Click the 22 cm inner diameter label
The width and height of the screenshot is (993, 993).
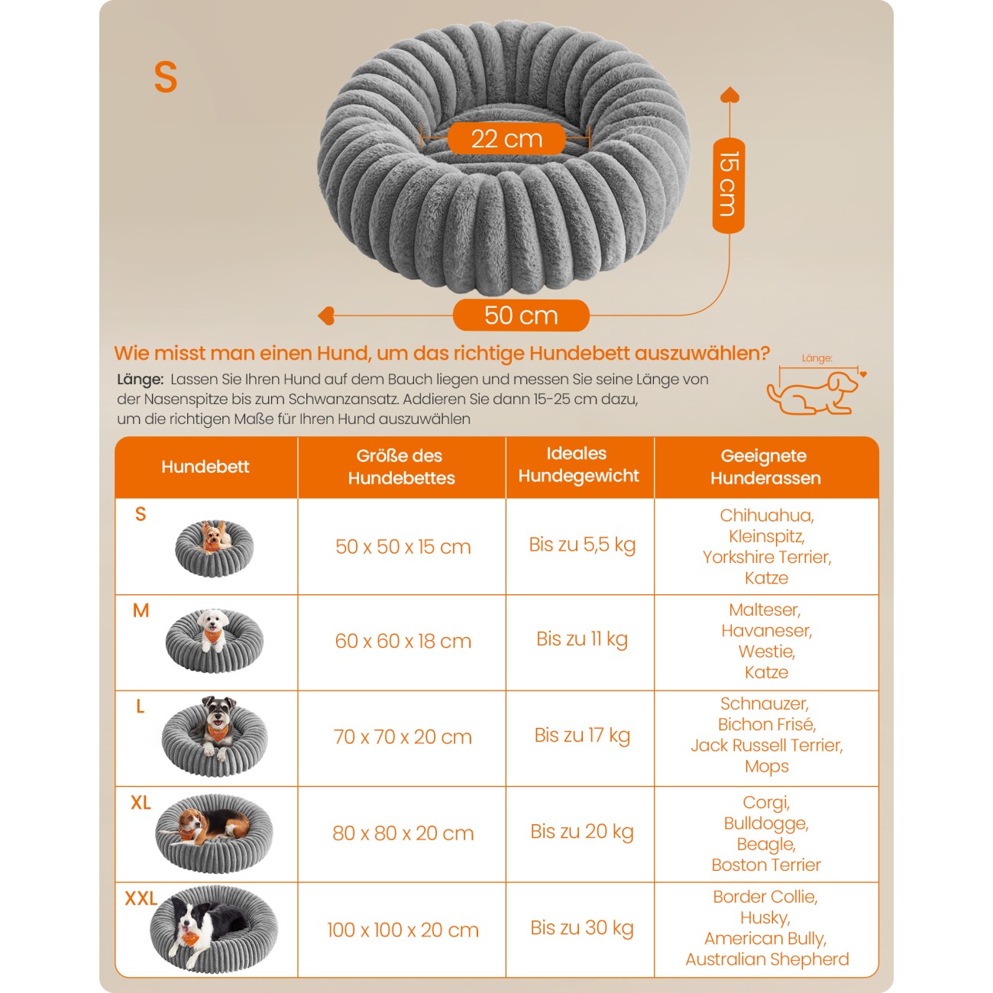pyautogui.click(x=506, y=138)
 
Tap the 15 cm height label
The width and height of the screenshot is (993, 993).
pyautogui.click(x=729, y=185)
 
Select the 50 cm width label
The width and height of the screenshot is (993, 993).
pyautogui.click(x=521, y=315)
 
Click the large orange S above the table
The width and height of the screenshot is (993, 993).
pyautogui.click(x=166, y=77)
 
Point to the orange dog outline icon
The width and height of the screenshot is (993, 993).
pyautogui.click(x=813, y=393)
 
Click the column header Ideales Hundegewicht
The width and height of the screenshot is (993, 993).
pyautogui.click(x=579, y=465)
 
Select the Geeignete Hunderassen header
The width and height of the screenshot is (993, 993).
pyautogui.click(x=765, y=467)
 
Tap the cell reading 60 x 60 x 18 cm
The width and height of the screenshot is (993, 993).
pyautogui.click(x=403, y=641)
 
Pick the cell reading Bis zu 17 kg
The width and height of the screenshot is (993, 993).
pyautogui.click(x=582, y=736)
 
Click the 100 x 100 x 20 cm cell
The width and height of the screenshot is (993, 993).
pyautogui.click(x=403, y=930)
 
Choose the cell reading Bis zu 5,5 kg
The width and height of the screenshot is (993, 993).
pyautogui.click(x=582, y=545)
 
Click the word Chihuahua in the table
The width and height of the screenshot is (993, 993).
pyautogui.click(x=766, y=516)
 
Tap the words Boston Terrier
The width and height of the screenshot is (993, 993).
pyautogui.click(x=766, y=865)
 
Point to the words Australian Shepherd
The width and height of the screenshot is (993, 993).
pyautogui.click(x=767, y=959)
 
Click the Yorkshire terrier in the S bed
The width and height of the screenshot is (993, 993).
pyautogui.click(x=215, y=536)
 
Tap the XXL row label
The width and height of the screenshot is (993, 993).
pyautogui.click(x=141, y=899)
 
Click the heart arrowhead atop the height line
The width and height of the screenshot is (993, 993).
pyautogui.click(x=729, y=95)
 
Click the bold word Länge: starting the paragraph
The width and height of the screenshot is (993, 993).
pyautogui.click(x=140, y=380)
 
